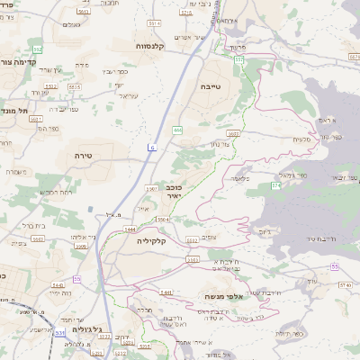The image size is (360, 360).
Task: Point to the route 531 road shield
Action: click(58, 333)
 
